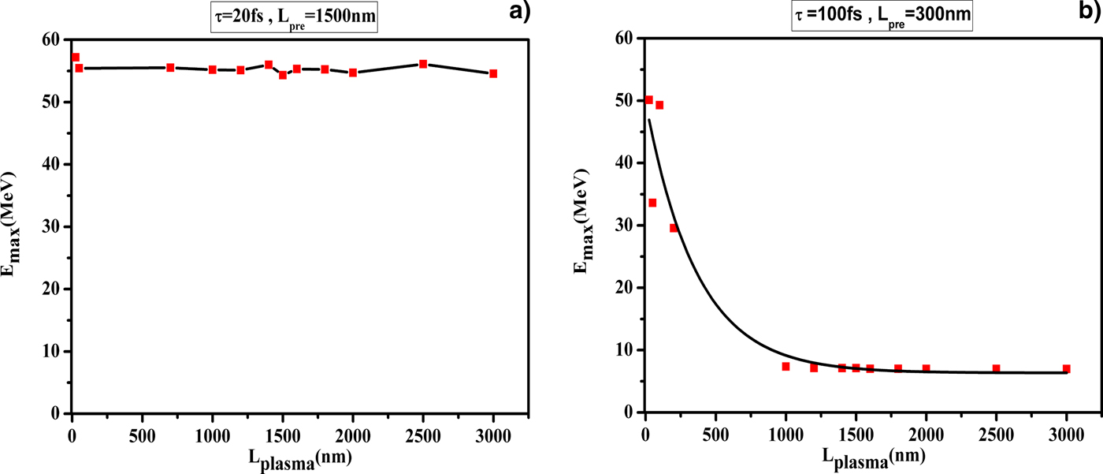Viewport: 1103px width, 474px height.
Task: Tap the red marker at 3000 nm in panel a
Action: (493, 73)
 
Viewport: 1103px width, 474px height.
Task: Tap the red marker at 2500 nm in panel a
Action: (423, 64)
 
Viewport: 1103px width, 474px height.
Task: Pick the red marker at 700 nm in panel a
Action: (170, 68)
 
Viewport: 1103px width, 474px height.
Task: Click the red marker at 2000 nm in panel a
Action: (353, 73)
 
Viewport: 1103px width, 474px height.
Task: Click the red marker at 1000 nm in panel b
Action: (785, 366)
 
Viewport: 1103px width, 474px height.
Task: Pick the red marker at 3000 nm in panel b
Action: (1067, 368)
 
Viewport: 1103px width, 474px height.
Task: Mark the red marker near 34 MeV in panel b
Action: (652, 203)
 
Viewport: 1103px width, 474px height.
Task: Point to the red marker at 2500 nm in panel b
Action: (997, 368)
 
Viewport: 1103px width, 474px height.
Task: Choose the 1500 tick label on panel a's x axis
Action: (282, 433)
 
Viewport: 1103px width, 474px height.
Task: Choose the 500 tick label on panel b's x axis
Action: (715, 432)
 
